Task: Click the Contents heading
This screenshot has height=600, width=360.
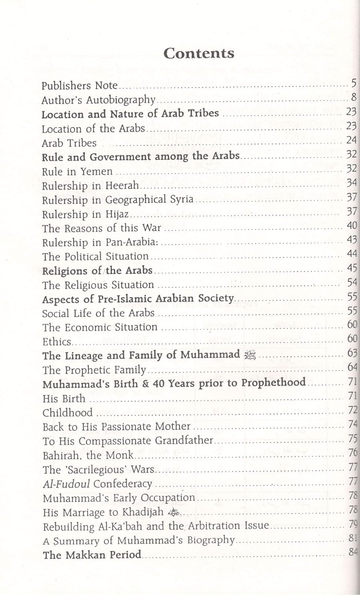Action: [x=198, y=53]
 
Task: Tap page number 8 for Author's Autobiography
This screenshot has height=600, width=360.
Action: [x=354, y=97]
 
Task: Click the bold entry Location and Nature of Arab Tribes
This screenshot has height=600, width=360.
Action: [x=130, y=114]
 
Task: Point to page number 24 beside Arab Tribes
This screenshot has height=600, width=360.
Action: [x=351, y=140]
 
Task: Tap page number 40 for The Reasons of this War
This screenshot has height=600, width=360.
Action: [x=352, y=226]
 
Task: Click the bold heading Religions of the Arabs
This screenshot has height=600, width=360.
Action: [x=97, y=271]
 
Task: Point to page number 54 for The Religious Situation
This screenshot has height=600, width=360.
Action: [x=352, y=282]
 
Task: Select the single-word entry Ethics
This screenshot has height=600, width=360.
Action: [x=57, y=342]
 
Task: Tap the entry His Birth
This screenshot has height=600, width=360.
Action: [x=64, y=399]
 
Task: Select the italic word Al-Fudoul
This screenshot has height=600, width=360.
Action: [x=66, y=484]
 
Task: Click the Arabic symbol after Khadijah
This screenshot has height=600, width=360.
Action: [x=175, y=512]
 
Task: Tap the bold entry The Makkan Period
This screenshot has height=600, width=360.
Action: [x=92, y=555]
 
